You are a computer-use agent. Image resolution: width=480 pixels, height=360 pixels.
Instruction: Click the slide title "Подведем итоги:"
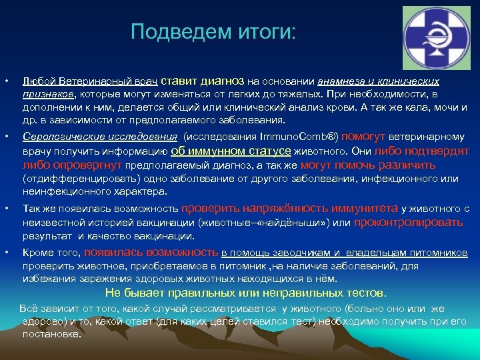tap(211, 31)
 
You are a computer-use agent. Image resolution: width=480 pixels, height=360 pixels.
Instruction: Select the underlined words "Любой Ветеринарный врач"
tap(90, 81)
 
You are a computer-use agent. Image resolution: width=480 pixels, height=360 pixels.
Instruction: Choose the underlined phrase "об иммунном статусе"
tap(236, 151)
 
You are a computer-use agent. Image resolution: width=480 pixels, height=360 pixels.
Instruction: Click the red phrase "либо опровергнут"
tap(72, 165)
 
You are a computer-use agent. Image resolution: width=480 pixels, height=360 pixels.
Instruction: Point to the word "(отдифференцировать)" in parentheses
tap(75, 179)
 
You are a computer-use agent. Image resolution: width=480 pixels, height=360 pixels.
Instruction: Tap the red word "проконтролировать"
tap(408, 222)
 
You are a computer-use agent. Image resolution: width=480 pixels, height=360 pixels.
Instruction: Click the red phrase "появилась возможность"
tap(151, 252)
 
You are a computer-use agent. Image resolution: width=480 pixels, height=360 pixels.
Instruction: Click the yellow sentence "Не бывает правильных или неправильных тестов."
tap(245, 293)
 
